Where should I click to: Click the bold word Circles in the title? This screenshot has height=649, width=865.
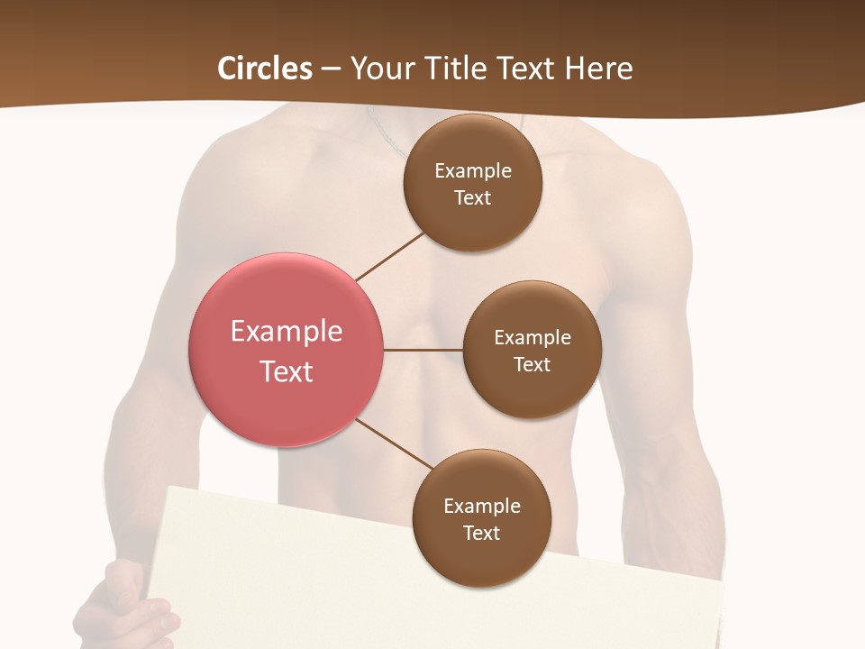tap(264, 69)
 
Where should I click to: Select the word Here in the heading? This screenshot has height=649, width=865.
tap(599, 69)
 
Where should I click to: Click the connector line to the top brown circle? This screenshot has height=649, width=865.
tap(390, 256)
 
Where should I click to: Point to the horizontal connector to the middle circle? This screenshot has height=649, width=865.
tap(423, 350)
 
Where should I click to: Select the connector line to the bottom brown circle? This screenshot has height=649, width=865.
tap(395, 443)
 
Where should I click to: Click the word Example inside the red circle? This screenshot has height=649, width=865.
tap(287, 332)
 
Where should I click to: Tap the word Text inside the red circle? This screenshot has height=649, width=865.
tap(287, 371)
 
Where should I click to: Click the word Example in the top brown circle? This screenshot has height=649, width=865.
tap(473, 171)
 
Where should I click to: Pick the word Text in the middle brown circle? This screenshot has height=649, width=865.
tap(532, 365)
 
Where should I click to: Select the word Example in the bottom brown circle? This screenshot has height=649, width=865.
tap(482, 507)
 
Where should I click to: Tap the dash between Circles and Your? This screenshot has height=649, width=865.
tap(331, 69)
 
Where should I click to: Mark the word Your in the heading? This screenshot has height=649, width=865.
tap(379, 69)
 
